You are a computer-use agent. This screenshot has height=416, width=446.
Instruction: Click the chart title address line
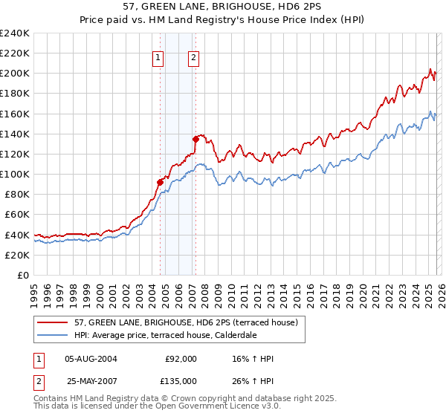[x=223, y=7]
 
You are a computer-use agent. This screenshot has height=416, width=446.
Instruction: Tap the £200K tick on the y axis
[x=15, y=74]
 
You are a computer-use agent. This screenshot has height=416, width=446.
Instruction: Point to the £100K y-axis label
[x=15, y=174]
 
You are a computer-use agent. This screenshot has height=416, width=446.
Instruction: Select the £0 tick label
[x=22, y=275]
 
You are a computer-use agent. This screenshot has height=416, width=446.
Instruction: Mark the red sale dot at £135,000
[x=195, y=138]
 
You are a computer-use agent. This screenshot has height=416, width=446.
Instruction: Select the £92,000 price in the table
[x=181, y=359]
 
